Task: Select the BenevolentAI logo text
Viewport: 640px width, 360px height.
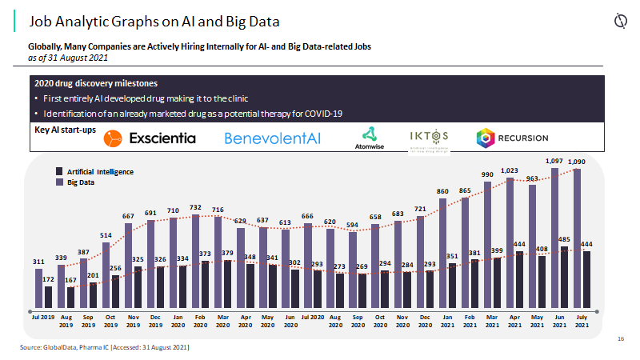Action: [x=272, y=138]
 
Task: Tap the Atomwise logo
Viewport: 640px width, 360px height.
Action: [x=369, y=138]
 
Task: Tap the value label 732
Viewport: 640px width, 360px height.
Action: [x=195, y=207]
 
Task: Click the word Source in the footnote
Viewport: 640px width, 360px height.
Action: [x=31, y=348]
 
